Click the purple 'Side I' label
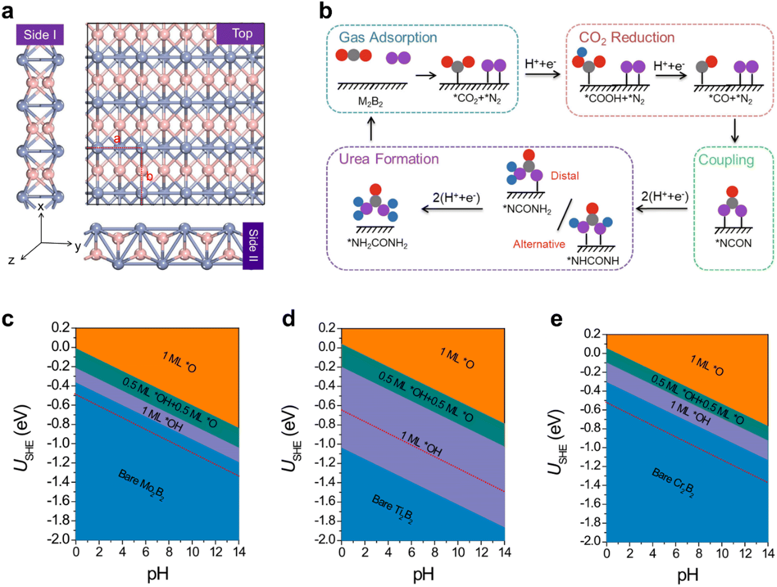click(40, 35)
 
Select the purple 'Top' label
click(241, 33)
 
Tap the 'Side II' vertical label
click(253, 246)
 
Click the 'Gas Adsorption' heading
click(388, 38)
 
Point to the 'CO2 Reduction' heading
click(626, 38)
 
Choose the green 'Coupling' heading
click(726, 160)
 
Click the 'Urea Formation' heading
click(389, 159)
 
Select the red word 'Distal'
click(565, 176)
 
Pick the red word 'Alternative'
click(539, 244)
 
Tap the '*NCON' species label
click(733, 243)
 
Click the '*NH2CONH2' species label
click(377, 243)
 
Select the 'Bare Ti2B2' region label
click(392, 509)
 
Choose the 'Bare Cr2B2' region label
click(673, 483)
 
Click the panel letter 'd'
click(289, 319)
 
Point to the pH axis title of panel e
click(687, 574)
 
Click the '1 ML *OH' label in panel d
click(421, 444)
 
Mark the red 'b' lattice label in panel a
click(150, 177)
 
